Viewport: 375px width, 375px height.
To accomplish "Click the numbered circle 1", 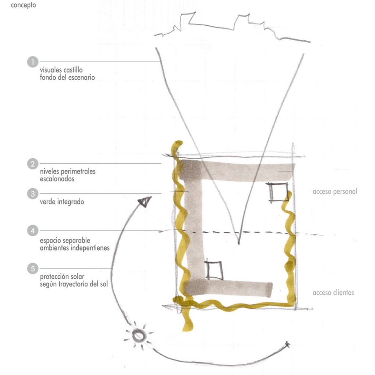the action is [33, 62].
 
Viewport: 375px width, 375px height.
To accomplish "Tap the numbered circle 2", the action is [33, 164].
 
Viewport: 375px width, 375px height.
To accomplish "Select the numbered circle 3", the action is [33, 194].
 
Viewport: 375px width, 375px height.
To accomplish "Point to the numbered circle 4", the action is [33, 231].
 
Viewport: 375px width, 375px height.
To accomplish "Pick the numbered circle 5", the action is [33, 268].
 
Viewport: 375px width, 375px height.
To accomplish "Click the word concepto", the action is [23, 5].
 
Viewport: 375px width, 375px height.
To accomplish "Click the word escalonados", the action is [57, 179].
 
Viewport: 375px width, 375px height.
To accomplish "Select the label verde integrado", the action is [62, 202].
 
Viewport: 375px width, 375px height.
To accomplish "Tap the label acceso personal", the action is [335, 192].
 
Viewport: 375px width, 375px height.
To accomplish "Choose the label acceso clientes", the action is [333, 293].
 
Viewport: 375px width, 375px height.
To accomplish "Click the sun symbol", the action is [139, 335].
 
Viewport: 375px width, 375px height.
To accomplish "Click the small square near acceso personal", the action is [278, 193].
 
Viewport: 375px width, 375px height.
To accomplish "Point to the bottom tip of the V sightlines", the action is [239, 244].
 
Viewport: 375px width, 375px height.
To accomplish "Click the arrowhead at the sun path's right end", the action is [287, 344].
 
